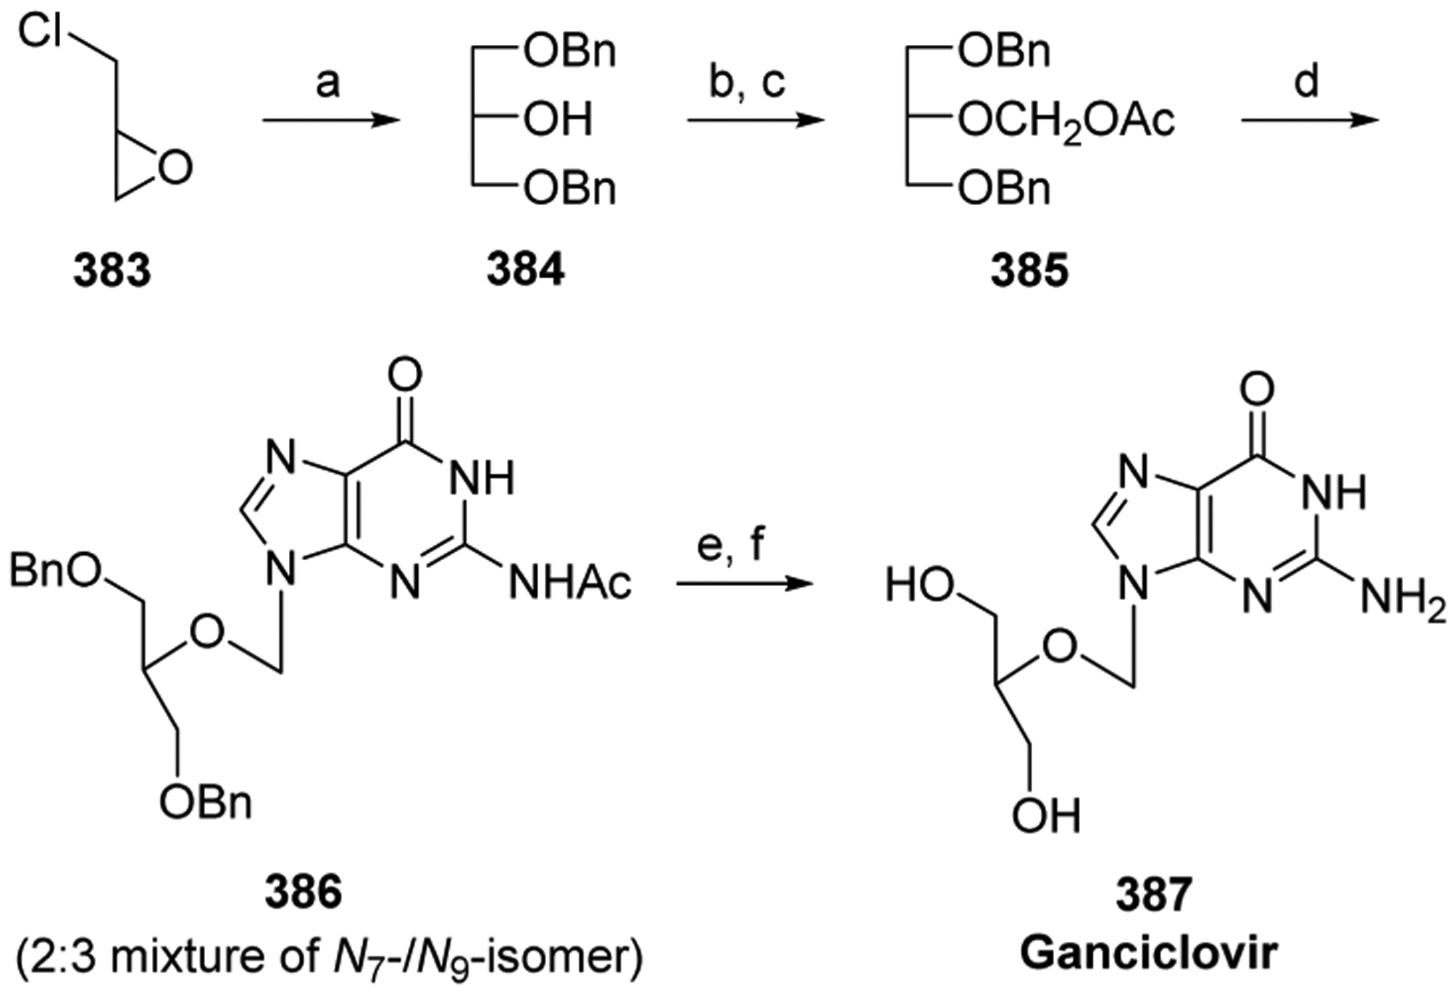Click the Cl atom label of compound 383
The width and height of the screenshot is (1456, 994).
click(41, 33)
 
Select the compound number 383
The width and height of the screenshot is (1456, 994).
click(112, 272)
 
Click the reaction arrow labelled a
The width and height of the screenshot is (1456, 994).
click(330, 120)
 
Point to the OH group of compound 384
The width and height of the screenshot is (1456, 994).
click(558, 119)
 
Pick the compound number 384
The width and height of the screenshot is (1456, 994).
click(525, 272)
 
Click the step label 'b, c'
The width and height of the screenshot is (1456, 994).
click(747, 82)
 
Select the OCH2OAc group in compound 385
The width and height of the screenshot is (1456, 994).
click(1066, 120)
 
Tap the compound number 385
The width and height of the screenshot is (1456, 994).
click(1029, 272)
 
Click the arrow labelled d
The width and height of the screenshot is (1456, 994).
click(1309, 120)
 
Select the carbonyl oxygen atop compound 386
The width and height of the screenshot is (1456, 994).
click(405, 375)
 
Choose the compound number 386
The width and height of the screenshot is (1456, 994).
click(303, 893)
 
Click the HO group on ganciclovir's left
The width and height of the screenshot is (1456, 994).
click(919, 585)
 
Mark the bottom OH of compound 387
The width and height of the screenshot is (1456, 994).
click(1045, 816)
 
